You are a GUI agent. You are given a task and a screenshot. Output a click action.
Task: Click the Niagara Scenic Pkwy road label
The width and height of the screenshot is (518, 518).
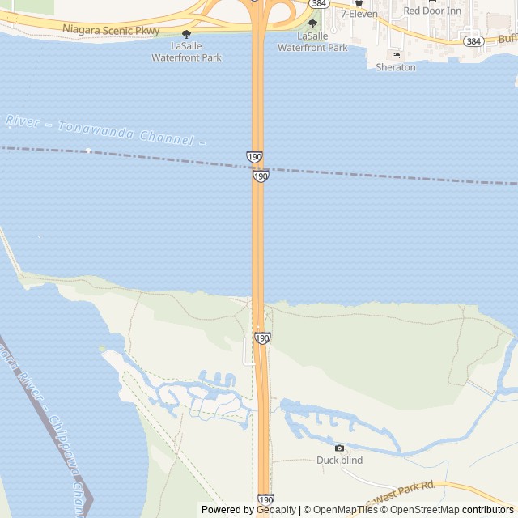point(112,31)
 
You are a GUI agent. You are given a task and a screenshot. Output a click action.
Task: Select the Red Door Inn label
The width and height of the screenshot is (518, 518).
point(433,11)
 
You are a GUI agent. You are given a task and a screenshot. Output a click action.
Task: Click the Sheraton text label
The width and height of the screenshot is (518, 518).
point(396,67)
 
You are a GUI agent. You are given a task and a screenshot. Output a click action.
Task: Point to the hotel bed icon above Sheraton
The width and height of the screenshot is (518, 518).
point(396,55)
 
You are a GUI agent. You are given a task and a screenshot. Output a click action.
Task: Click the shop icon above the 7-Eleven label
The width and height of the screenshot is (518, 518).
point(359,2)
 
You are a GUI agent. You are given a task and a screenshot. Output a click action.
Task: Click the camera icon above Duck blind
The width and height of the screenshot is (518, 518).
point(339,448)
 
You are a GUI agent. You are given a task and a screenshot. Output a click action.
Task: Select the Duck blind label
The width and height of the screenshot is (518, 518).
point(339,461)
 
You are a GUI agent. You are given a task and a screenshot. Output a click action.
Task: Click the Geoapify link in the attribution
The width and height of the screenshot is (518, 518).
point(276,510)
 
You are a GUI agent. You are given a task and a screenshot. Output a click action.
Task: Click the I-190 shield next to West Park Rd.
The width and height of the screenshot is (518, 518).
point(265,500)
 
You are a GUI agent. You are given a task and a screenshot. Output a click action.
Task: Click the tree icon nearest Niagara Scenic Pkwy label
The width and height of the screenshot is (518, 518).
point(187,34)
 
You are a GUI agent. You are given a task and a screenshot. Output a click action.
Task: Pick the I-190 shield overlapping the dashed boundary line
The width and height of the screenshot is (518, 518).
point(260,176)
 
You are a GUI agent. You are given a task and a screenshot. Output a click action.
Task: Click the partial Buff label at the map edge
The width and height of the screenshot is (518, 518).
point(507,39)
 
